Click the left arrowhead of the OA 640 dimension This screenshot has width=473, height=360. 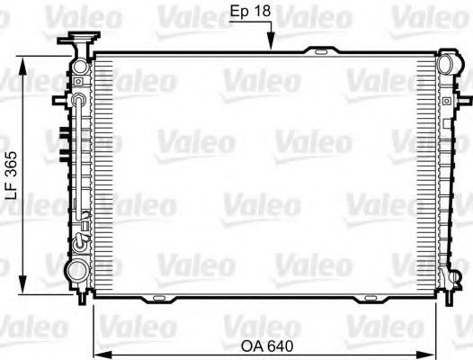pyautogui.click(x=99, y=352)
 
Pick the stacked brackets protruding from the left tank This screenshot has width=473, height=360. pyautogui.click(x=64, y=144)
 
